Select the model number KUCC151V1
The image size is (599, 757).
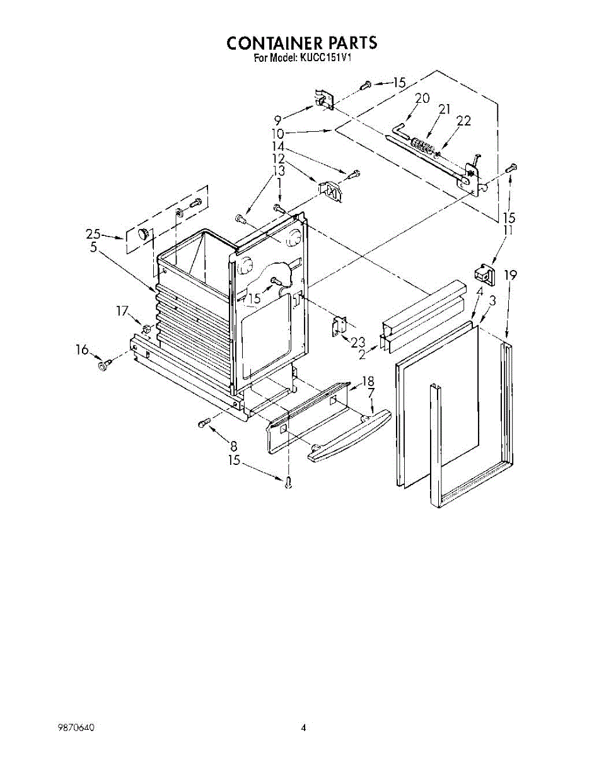[x=324, y=58]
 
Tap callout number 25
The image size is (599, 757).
[x=93, y=235]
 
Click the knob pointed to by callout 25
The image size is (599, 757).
[x=145, y=233]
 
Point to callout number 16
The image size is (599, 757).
[x=83, y=350]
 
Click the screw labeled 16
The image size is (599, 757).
[x=104, y=364]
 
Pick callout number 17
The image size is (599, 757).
[x=122, y=310]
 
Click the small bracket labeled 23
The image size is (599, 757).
[x=340, y=325]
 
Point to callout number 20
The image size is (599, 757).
[x=422, y=98]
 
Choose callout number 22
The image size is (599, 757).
[x=463, y=121]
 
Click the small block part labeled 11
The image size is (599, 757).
[x=484, y=275]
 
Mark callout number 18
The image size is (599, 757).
[x=368, y=381]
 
